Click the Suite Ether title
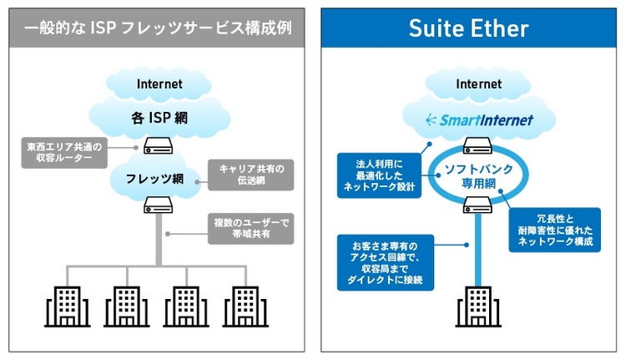[x=468, y=29]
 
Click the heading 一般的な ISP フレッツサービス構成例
[x=159, y=29]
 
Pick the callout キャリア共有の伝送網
[x=250, y=175]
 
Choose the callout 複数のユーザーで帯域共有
[x=250, y=227]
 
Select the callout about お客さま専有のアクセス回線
[x=383, y=263]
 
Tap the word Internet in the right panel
[x=478, y=84]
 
